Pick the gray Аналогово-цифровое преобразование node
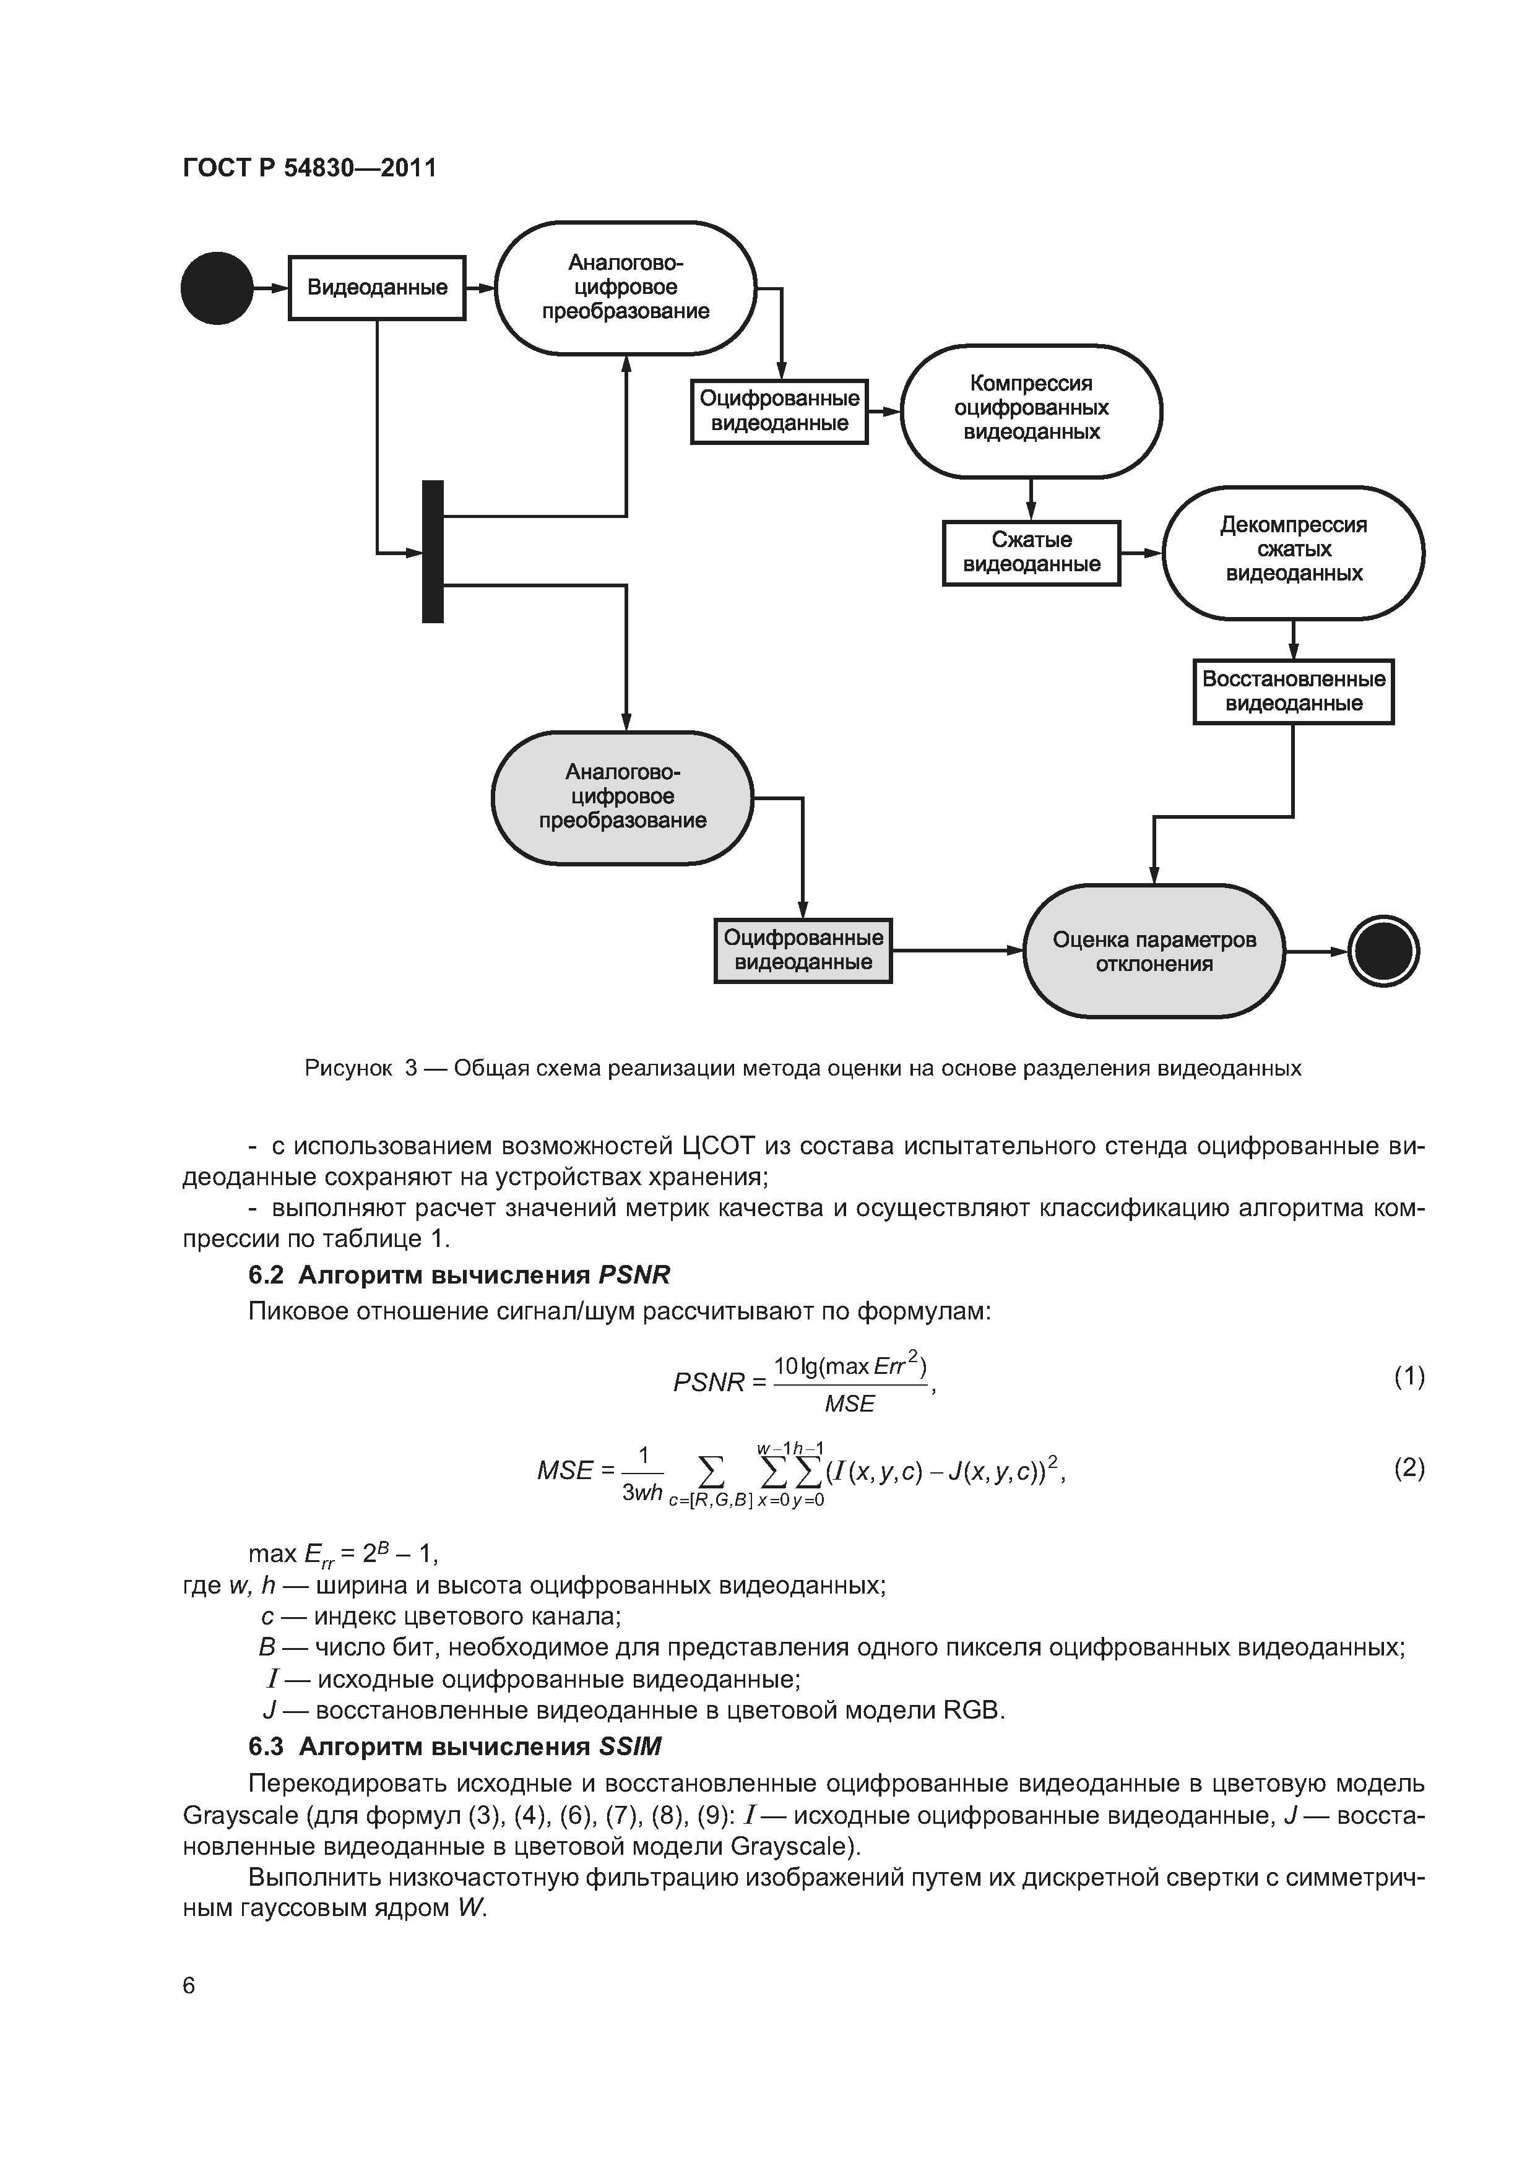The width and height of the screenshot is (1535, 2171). tap(622, 797)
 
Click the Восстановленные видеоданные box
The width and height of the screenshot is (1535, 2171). tap(1293, 691)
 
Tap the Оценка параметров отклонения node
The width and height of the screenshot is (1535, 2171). tap(1154, 951)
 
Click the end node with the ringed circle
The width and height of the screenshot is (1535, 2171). tap(1383, 951)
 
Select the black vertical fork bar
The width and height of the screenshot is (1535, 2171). tap(432, 551)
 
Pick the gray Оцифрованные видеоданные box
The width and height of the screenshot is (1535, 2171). tap(803, 951)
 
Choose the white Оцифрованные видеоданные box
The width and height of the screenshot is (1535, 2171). tap(779, 412)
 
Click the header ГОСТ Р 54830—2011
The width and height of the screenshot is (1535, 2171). tap(309, 168)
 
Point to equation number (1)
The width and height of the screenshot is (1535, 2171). tap(1408, 1377)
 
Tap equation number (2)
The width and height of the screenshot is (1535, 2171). tap(1408, 1467)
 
